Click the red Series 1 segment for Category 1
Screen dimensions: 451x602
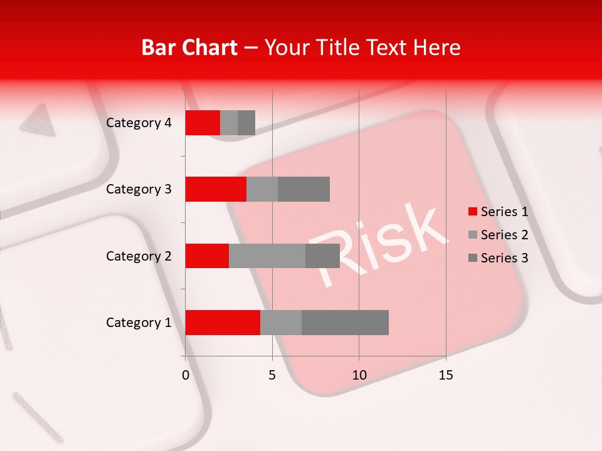pyautogui.click(x=223, y=322)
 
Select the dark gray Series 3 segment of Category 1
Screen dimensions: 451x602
pyautogui.click(x=345, y=322)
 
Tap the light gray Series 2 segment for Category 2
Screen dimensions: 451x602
pyautogui.click(x=267, y=256)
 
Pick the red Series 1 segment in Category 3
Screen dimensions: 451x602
pyautogui.click(x=216, y=189)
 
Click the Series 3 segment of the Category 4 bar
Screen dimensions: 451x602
pyautogui.click(x=246, y=123)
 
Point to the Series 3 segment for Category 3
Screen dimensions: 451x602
pyautogui.click(x=304, y=189)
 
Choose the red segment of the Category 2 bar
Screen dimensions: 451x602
pyautogui.click(x=207, y=256)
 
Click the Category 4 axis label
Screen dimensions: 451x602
pyautogui.click(x=139, y=123)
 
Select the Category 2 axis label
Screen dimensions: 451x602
pyautogui.click(x=139, y=256)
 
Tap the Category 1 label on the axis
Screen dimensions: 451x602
pyautogui.click(x=139, y=323)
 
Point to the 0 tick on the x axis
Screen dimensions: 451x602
pyautogui.click(x=186, y=375)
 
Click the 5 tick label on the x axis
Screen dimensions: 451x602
pyautogui.click(x=272, y=375)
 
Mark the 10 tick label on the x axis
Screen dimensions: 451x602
pyautogui.click(x=359, y=375)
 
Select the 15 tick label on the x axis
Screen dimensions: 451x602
pyautogui.click(x=446, y=375)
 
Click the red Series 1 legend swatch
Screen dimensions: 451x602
pyautogui.click(x=473, y=212)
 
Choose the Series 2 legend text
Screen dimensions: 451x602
pyautogui.click(x=504, y=235)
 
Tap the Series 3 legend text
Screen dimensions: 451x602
pyautogui.click(x=504, y=258)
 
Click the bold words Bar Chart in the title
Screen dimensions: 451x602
pyautogui.click(x=189, y=48)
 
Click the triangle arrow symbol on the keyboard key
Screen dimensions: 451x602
pyautogui.click(x=36, y=120)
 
